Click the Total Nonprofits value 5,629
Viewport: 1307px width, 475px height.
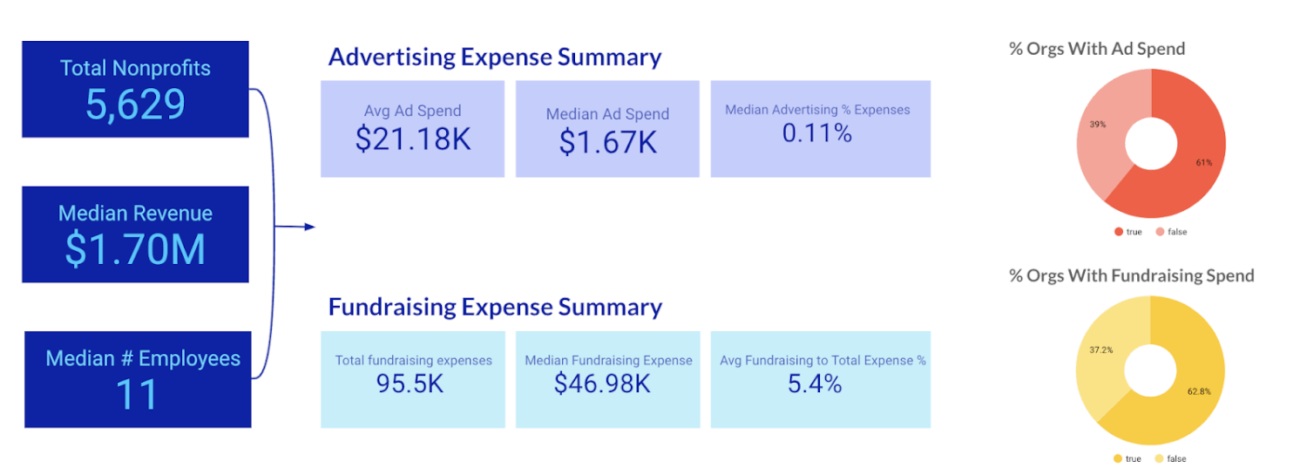(x=135, y=105)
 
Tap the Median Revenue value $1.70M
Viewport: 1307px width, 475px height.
(x=135, y=248)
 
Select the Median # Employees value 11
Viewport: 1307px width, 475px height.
(x=137, y=394)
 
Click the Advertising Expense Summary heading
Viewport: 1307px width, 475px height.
(x=494, y=58)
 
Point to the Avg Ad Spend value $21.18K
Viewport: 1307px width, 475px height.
(x=412, y=139)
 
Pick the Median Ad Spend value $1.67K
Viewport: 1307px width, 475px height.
(x=607, y=142)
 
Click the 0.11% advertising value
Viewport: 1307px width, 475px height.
(x=817, y=133)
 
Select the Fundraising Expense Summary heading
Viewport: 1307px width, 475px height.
(x=494, y=307)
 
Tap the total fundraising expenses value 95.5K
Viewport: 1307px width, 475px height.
(x=412, y=383)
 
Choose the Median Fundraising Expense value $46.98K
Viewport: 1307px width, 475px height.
(x=607, y=383)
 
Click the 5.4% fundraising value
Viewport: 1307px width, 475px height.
(x=815, y=383)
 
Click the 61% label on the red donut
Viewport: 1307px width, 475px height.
(x=1203, y=162)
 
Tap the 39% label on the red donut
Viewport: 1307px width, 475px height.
(x=1097, y=125)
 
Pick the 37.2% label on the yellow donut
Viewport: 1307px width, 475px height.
(x=1100, y=350)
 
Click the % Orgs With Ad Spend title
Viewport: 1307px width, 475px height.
(x=1096, y=49)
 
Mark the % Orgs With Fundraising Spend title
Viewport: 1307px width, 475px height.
(x=1131, y=275)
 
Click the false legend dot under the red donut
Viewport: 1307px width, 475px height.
(x=1161, y=232)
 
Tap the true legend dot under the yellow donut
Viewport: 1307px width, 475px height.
(x=1118, y=458)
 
